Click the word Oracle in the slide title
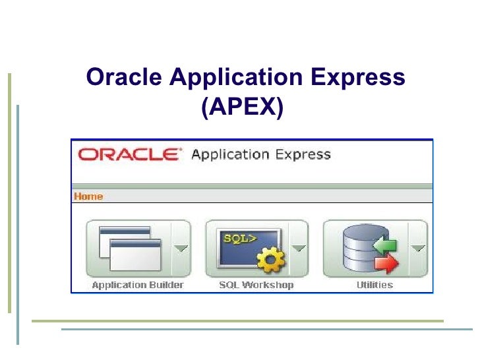pos(125,78)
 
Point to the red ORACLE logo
pos(128,155)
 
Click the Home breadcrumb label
pos(88,196)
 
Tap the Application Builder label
pos(138,285)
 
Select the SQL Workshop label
pos(256,285)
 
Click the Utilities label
pos(375,285)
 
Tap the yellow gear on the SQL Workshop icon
pos(270,261)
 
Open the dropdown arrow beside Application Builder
pos(180,249)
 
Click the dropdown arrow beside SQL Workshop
pos(299,249)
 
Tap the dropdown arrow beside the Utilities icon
pos(417,249)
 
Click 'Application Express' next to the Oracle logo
pos(260,155)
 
